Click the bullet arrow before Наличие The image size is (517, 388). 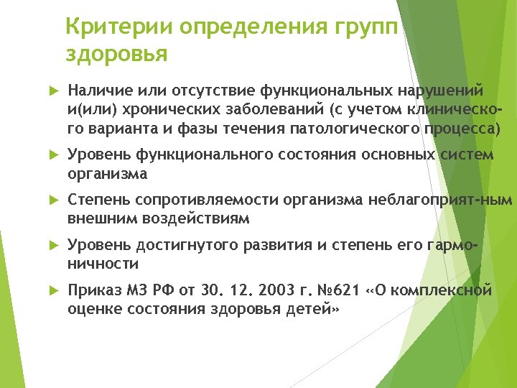[x=52, y=91]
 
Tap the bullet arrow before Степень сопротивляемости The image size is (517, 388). [x=52, y=202]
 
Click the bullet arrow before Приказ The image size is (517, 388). [x=52, y=292]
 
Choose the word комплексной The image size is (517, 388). [x=450, y=291]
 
